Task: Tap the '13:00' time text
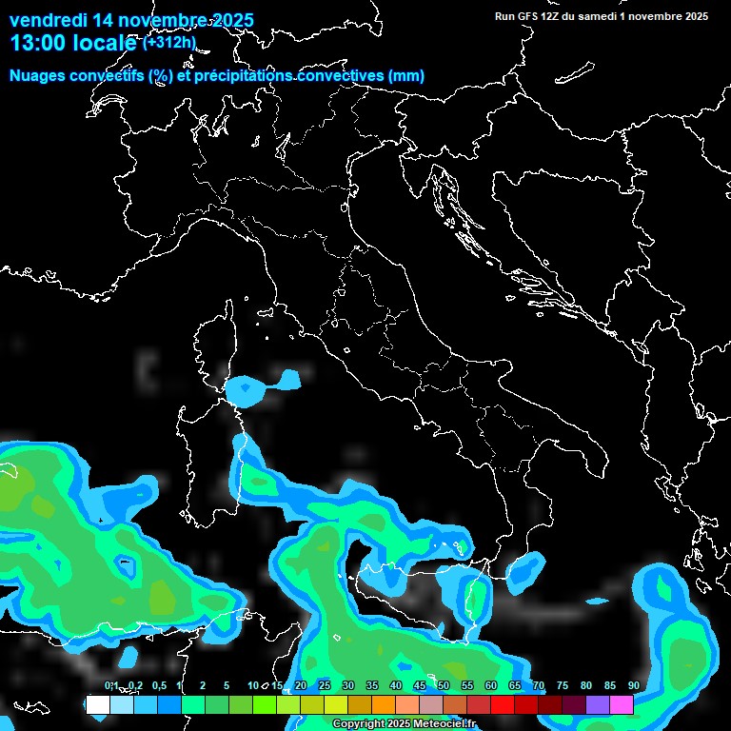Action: click(x=39, y=43)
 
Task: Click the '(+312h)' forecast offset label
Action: click(x=168, y=42)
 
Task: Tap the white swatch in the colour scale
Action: click(x=97, y=704)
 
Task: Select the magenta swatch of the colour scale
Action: click(x=622, y=704)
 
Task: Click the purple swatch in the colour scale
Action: click(x=598, y=704)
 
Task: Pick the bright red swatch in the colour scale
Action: click(x=503, y=704)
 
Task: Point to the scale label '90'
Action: click(x=633, y=685)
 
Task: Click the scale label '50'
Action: click(x=444, y=685)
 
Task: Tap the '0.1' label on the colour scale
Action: click(x=111, y=685)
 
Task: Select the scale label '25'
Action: click(x=325, y=685)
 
